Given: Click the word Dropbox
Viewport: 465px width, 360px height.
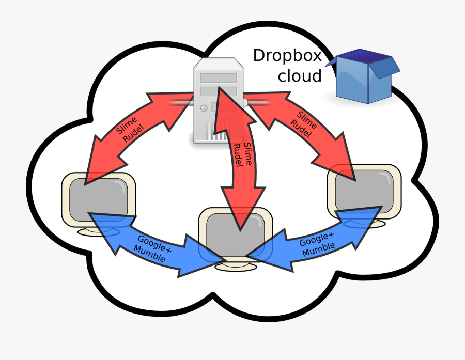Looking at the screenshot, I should point(287,56).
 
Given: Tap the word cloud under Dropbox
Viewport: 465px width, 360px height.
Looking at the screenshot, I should point(300,76).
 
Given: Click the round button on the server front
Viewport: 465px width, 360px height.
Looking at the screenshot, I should point(204,108).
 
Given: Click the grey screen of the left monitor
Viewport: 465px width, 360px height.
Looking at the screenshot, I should point(98,199).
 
